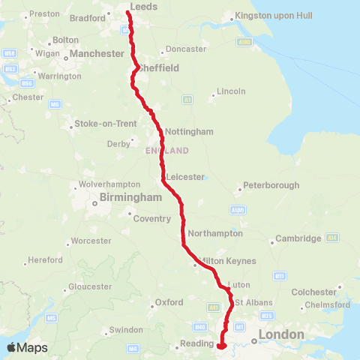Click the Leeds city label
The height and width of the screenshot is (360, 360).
point(143,6)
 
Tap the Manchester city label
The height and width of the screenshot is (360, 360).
point(97,54)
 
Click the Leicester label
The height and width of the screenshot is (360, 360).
point(186,176)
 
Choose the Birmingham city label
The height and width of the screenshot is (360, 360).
point(132,198)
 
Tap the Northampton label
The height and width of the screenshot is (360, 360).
point(216,233)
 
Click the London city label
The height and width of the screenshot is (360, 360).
point(281,334)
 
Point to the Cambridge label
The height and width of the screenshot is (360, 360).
point(297,238)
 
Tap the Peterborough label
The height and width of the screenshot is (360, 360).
point(271,185)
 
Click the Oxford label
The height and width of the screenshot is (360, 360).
point(169,302)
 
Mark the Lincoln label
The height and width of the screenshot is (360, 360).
point(230,91)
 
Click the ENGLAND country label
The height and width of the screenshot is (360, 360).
point(166,151)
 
